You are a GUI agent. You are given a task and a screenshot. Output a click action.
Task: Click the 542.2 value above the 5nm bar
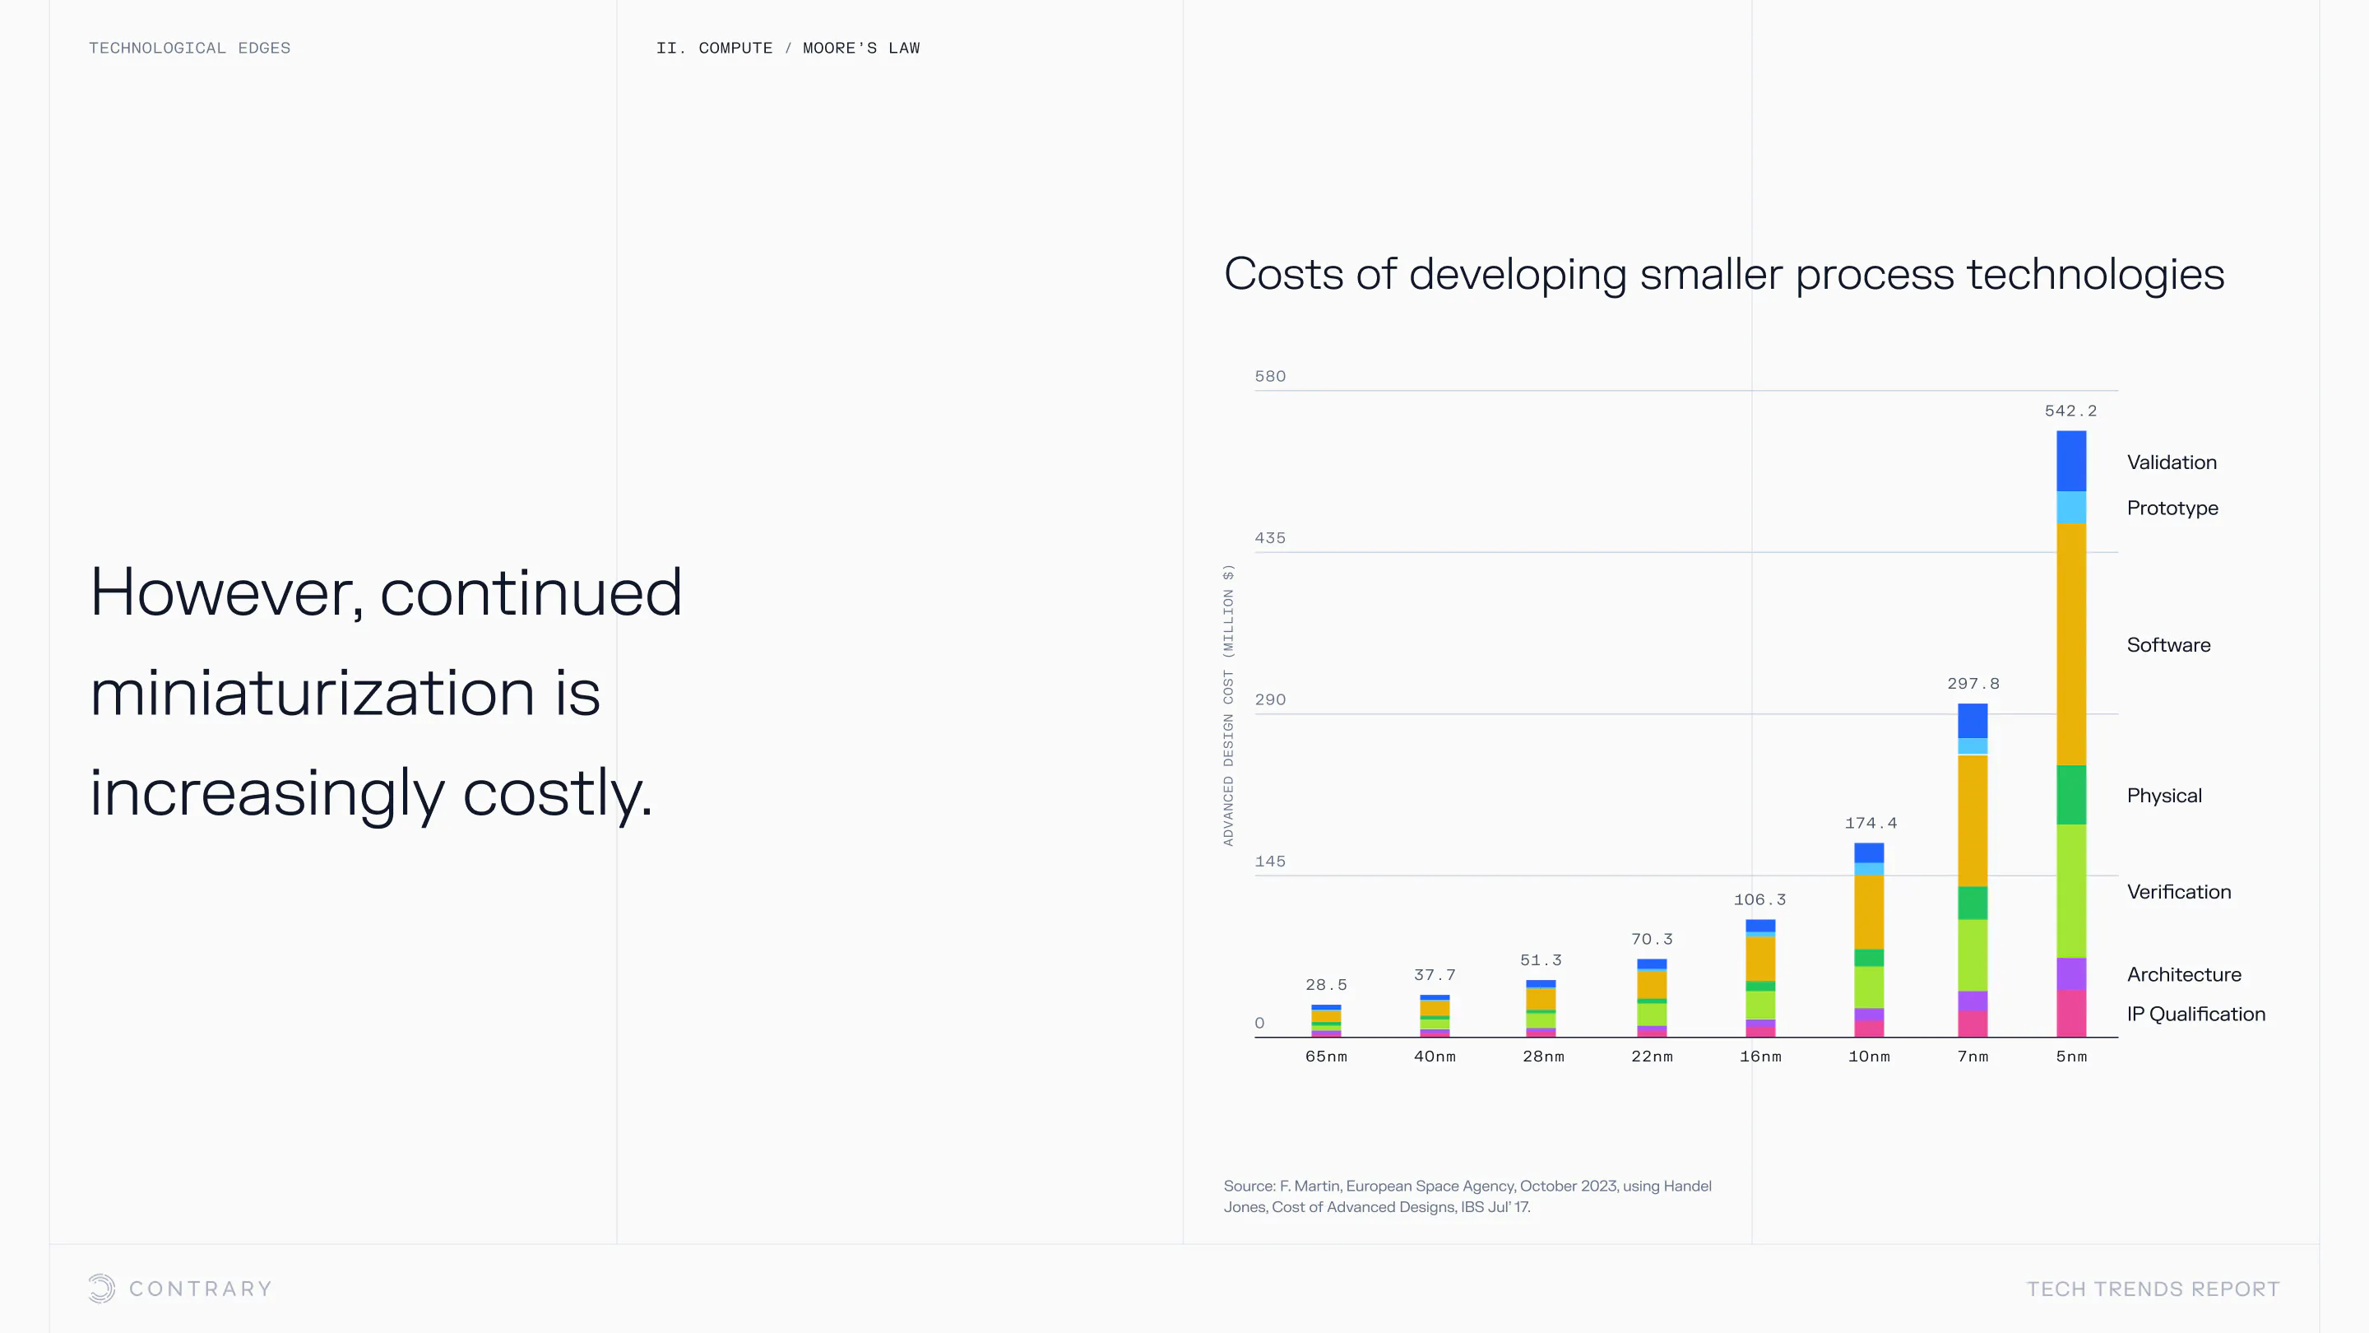click(2070, 411)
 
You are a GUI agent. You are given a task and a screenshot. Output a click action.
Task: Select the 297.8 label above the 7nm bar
click(1973, 684)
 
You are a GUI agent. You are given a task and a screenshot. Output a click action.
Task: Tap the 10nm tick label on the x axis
click(1869, 1056)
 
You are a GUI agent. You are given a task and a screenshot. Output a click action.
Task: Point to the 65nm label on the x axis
click(1325, 1056)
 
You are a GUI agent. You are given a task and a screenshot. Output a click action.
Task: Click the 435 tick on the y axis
click(1269, 538)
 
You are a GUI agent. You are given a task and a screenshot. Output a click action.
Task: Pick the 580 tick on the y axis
click(1269, 376)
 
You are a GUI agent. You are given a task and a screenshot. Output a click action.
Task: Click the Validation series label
click(2172, 462)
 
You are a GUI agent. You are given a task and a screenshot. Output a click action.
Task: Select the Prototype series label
click(2172, 508)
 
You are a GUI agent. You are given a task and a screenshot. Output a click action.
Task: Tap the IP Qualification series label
click(2195, 1014)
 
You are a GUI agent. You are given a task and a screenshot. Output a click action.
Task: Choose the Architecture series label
click(2183, 974)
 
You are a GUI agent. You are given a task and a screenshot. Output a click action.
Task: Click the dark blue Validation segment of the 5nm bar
click(2071, 461)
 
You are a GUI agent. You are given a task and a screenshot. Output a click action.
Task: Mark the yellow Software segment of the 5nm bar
click(2071, 644)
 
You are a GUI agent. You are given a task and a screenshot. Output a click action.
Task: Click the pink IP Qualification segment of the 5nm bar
click(2071, 1013)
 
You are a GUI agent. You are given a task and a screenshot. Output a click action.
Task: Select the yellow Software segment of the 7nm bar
click(1973, 820)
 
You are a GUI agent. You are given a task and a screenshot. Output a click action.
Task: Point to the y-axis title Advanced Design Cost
click(1228, 704)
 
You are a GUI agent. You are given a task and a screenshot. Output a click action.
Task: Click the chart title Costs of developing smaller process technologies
click(1723, 274)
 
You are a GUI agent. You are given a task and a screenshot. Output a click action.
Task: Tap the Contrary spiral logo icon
click(102, 1288)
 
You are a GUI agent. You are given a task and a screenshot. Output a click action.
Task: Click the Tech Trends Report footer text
click(2152, 1289)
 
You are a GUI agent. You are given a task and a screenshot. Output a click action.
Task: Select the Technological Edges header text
click(189, 48)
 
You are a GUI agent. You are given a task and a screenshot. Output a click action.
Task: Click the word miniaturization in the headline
click(313, 693)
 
